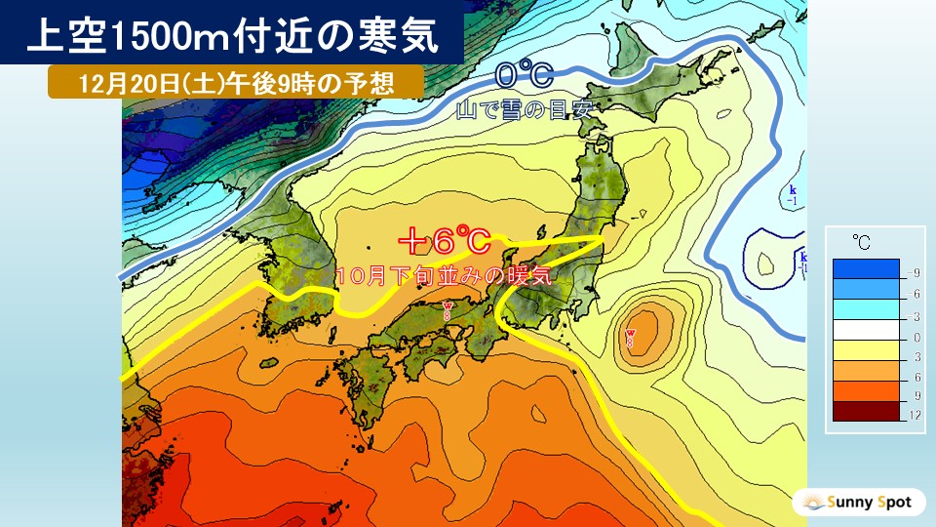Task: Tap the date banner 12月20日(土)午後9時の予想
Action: click(x=235, y=82)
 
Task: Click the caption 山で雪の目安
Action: click(x=524, y=111)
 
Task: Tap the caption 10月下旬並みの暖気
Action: click(x=443, y=275)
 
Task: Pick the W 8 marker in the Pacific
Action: click(x=631, y=339)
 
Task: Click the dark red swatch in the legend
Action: click(x=866, y=411)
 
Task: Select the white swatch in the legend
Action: click(x=866, y=327)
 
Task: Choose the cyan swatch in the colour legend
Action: click(x=866, y=306)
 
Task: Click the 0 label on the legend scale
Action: click(x=914, y=338)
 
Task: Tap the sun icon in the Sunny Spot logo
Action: click(x=809, y=503)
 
